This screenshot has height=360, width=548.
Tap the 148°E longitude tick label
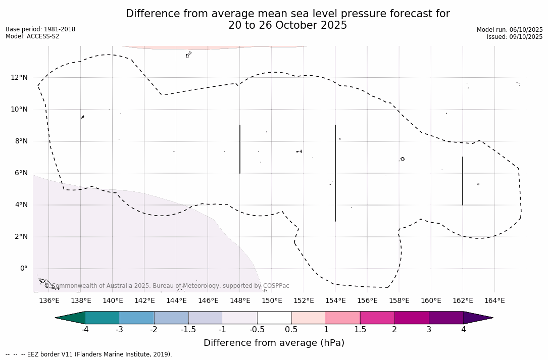[240, 301]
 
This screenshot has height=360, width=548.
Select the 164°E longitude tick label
[494, 301]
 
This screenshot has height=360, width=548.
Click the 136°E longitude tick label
[49, 301]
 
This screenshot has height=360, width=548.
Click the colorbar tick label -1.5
[188, 330]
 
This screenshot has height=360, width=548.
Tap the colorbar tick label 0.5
[291, 330]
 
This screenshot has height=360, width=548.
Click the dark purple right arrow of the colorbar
[477, 318]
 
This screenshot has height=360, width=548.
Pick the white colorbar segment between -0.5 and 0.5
[274, 318]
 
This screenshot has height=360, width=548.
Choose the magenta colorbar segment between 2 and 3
[412, 318]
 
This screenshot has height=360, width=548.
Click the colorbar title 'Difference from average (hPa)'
[274, 343]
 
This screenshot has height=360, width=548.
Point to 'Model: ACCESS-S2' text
[32, 36]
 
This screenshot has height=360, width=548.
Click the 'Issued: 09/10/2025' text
[515, 37]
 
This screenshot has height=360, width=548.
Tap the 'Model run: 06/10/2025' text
[510, 30]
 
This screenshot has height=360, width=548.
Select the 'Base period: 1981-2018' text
[40, 29]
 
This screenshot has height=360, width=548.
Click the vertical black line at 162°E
[463, 181]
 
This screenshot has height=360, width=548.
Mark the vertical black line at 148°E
[240, 149]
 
